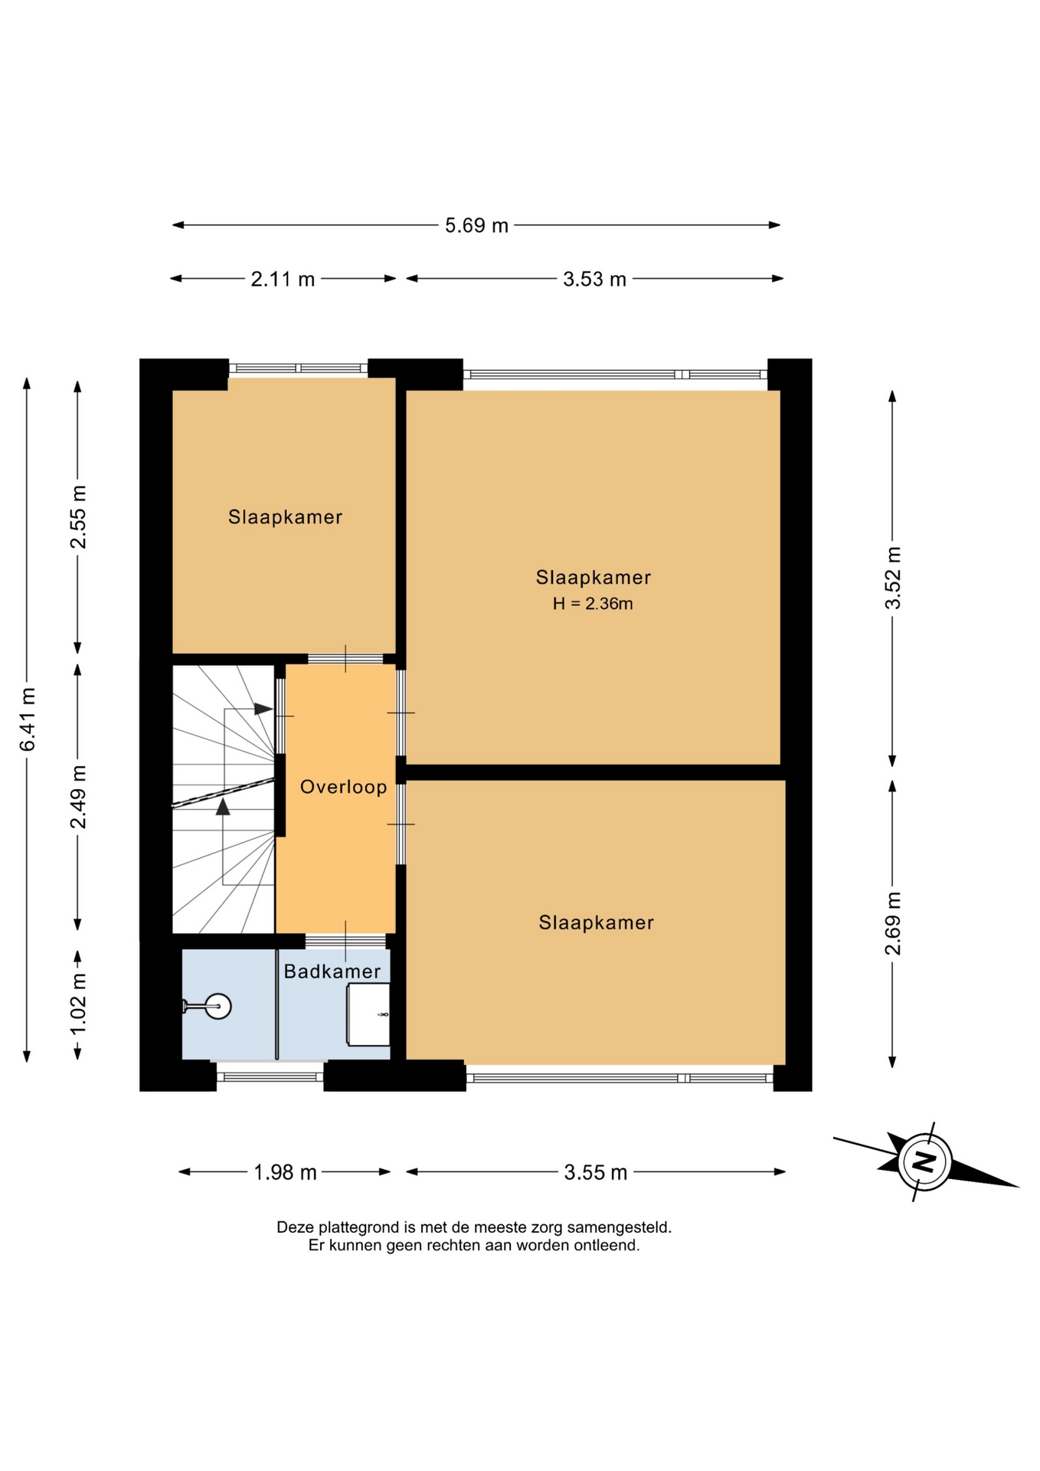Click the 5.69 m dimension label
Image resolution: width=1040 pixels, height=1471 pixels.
[x=476, y=225]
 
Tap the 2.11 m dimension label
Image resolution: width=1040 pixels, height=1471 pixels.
[x=283, y=279]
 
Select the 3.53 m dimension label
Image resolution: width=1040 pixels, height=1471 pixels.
[x=594, y=279]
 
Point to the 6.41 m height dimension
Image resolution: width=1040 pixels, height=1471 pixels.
[x=28, y=719]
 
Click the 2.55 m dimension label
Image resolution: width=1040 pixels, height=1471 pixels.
[x=78, y=517]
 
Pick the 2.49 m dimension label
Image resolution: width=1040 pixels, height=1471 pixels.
[x=78, y=797]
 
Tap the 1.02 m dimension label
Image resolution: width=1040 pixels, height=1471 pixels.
[x=78, y=1003]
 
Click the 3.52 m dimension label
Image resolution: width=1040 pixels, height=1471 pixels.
[x=893, y=578]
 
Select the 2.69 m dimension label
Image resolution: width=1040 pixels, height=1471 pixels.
[x=893, y=924]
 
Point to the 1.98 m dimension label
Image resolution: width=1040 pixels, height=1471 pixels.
[x=285, y=1172]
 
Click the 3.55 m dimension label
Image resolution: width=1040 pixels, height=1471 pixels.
[x=596, y=1172]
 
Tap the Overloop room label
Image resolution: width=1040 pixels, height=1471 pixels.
[x=343, y=787]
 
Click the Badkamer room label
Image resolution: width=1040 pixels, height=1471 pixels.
[x=332, y=971]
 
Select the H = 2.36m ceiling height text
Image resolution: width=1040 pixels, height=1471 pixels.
[x=593, y=604]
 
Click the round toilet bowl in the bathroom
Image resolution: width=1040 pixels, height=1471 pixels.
[x=218, y=1006]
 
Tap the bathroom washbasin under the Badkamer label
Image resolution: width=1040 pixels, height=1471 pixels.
[x=368, y=1014]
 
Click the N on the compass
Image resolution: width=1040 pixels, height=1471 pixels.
[x=926, y=1161]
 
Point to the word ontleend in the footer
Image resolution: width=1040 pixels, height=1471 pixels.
[x=610, y=1246]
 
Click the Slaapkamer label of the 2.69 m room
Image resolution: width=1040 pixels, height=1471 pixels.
[x=596, y=922]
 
